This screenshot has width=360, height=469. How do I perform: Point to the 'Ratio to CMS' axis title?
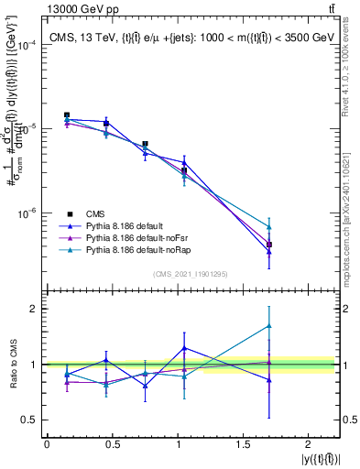pos(14,365)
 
